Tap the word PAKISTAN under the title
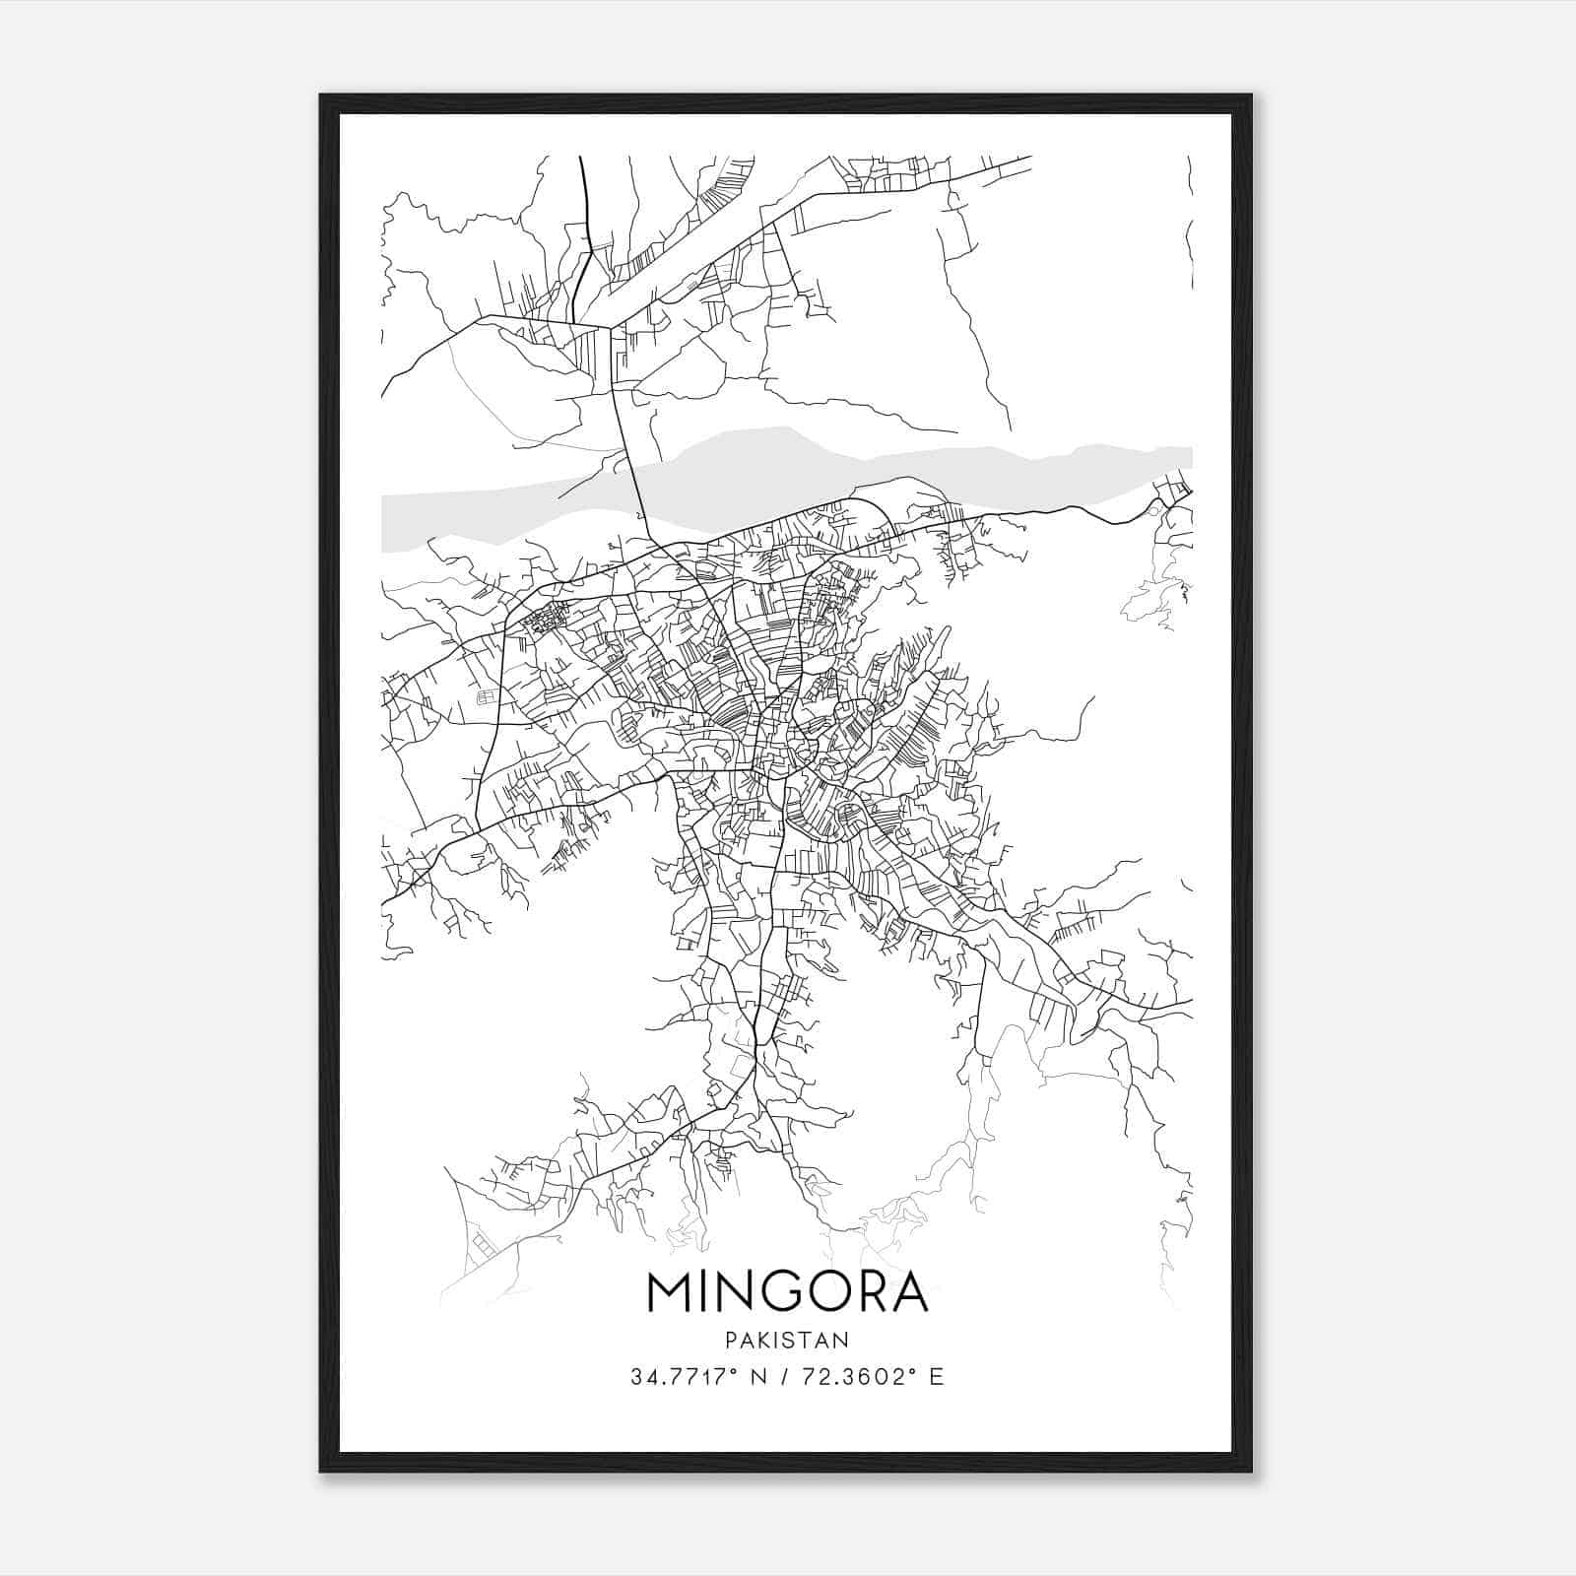pyautogui.click(x=788, y=1340)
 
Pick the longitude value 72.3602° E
pyautogui.click(x=870, y=1377)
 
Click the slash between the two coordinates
pyautogui.click(x=781, y=1377)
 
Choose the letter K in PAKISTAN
pyautogui.click(x=764, y=1340)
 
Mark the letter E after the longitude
pyautogui.click(x=937, y=1377)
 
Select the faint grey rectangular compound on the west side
pyautogui.click(x=487, y=698)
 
